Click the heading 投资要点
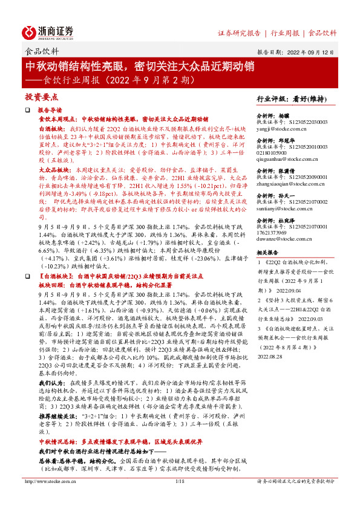point(41,96)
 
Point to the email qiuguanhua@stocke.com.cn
point(284,161)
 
